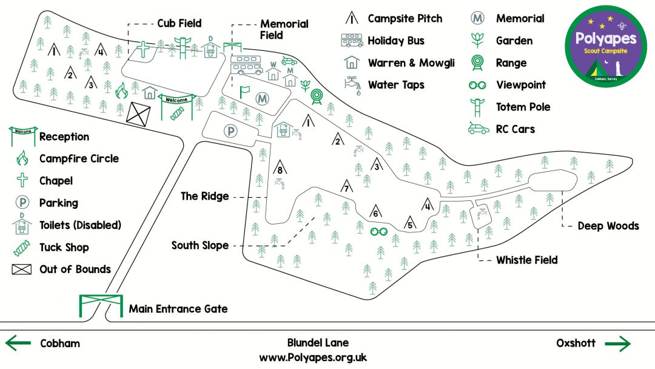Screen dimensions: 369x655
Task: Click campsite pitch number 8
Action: (279, 169)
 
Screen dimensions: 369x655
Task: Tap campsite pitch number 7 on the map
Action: (346, 187)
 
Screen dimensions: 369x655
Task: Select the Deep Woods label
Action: (608, 226)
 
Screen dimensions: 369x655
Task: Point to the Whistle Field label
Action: (526, 260)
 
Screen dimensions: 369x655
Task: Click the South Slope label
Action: (200, 245)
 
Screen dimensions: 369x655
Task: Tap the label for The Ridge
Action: (205, 196)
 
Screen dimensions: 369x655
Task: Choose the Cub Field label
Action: (180, 24)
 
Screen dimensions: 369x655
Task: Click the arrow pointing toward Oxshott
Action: (617, 344)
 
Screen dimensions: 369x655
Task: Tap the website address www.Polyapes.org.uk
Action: (313, 357)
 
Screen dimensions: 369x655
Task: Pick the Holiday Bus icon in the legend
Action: (352, 41)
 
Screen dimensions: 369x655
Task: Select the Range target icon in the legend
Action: (479, 63)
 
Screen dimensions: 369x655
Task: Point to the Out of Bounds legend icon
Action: (21, 269)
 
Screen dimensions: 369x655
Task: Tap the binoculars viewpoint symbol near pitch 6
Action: (379, 231)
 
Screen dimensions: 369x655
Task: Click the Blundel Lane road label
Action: (318, 343)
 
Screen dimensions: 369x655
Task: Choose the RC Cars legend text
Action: (515, 129)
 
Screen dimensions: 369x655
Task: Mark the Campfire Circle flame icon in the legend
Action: (22, 158)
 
